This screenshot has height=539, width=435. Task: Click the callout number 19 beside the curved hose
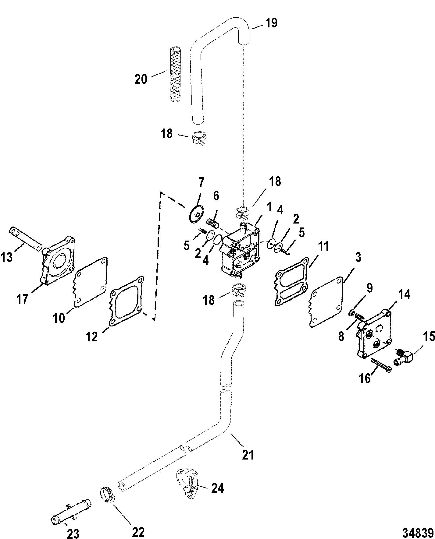click(x=271, y=23)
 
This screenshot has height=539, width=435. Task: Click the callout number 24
click(x=217, y=488)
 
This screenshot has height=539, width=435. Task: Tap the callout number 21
click(x=248, y=455)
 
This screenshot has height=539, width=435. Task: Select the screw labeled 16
click(x=381, y=364)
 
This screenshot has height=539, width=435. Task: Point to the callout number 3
click(x=358, y=258)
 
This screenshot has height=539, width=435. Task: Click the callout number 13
click(x=6, y=257)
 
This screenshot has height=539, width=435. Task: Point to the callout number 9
click(x=369, y=288)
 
